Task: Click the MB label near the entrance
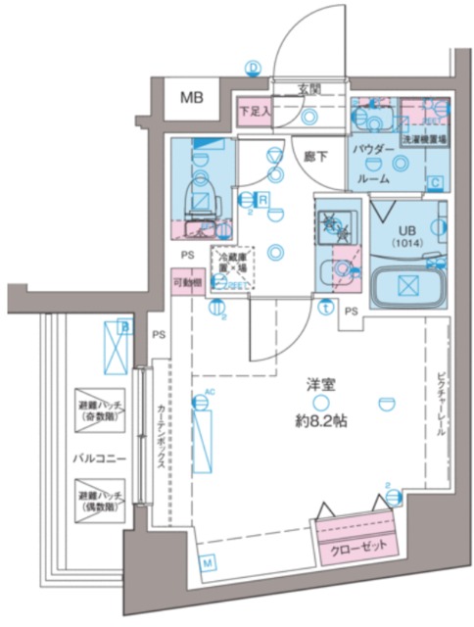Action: point(192,98)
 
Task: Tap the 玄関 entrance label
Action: point(309,90)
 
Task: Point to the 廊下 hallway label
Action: point(315,156)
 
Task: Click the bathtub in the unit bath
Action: point(407,286)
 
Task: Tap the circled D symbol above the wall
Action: point(254,67)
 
